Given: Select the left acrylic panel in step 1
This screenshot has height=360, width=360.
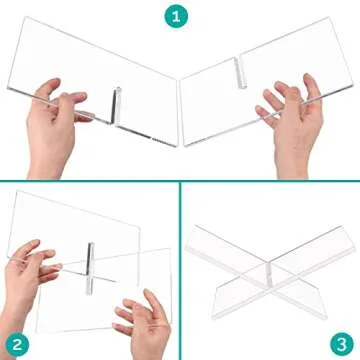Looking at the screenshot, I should [x=90, y=70].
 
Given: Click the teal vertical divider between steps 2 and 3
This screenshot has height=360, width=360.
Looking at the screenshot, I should [x=180, y=270].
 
